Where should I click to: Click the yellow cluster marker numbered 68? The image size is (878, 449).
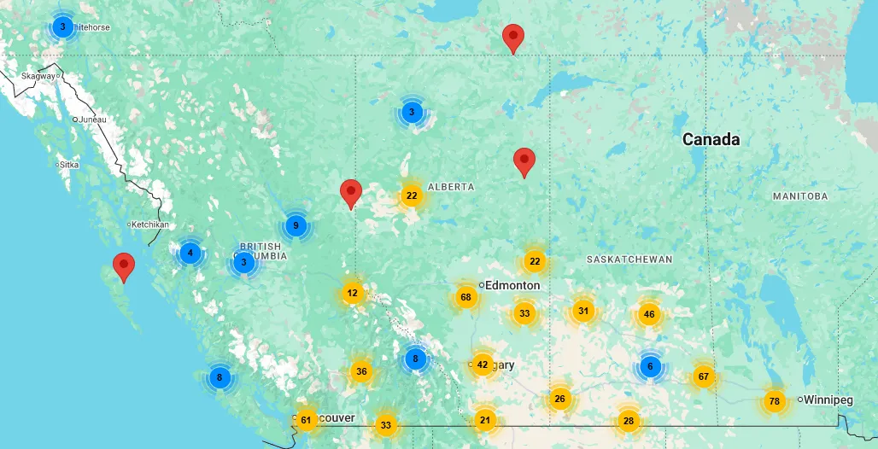465,298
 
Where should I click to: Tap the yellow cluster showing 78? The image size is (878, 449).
775,401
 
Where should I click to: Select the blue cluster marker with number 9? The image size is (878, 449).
296,226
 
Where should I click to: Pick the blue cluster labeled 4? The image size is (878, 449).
190,253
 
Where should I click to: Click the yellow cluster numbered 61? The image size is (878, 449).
307,419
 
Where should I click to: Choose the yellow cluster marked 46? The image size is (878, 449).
649,314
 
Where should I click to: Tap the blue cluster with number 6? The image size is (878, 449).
650,367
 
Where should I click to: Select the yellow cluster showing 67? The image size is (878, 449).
704,376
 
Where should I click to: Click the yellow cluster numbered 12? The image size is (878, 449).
352,294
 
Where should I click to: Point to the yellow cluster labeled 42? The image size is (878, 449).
483,365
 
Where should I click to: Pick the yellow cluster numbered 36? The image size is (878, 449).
361,371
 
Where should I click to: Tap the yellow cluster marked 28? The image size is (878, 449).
629,420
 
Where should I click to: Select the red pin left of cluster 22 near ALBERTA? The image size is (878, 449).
350,194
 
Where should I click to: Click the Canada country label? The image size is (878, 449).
711,140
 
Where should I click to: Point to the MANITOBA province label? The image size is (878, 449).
800,196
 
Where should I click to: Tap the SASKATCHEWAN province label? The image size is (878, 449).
629,259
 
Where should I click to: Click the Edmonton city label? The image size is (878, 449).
512,285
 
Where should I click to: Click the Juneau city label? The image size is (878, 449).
92,120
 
